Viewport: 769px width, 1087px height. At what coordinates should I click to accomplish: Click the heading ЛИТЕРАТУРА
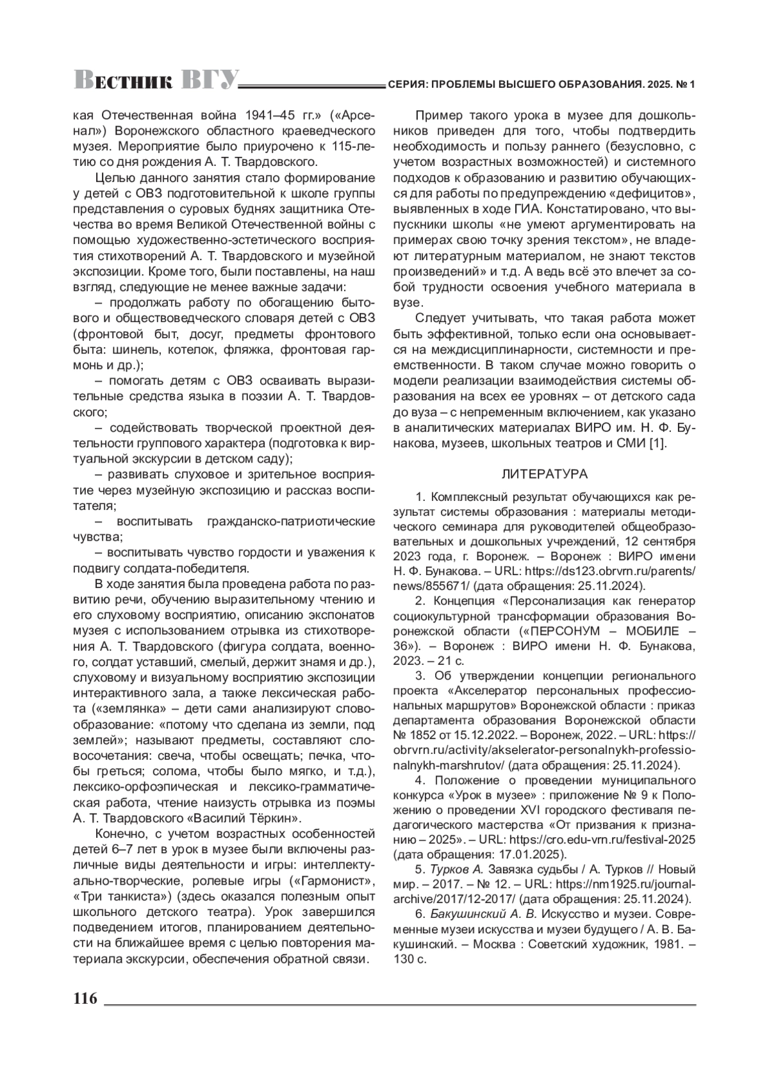click(544, 475)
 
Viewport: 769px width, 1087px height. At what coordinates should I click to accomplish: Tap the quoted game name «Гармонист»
click(327, 880)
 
